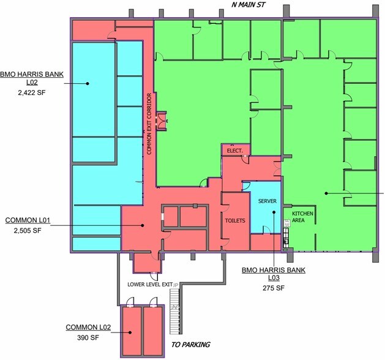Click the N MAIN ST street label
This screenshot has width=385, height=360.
coord(249,5)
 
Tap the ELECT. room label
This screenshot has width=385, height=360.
coord(234,151)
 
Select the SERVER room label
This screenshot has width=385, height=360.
coord(267,201)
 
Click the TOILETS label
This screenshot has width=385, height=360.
coord(235,220)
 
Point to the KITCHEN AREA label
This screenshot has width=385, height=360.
coord(302,217)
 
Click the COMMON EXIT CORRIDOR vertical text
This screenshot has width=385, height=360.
coord(149,124)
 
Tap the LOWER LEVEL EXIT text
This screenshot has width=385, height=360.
coord(150,284)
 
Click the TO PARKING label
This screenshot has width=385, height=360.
coord(190,345)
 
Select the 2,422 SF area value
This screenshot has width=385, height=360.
coord(32,92)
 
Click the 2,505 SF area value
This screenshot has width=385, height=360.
coord(28,231)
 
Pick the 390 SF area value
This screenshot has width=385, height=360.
coord(88,338)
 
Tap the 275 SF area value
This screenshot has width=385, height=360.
coord(274,288)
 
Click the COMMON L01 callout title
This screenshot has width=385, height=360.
coord(28,220)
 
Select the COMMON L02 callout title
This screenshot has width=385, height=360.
coord(88,328)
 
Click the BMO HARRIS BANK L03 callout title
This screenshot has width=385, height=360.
coord(274,274)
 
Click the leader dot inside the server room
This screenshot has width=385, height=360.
coord(274,212)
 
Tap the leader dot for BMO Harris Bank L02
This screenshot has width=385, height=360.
coord(88,83)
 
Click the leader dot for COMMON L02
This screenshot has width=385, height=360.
coord(130,332)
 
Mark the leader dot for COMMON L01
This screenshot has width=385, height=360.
coord(142,225)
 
